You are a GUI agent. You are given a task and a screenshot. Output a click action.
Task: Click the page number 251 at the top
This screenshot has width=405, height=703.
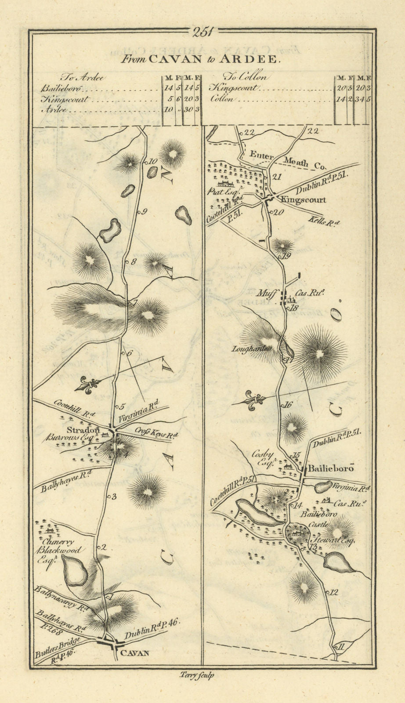coord(202,31)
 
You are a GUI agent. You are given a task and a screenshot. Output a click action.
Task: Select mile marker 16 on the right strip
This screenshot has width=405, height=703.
coord(288,405)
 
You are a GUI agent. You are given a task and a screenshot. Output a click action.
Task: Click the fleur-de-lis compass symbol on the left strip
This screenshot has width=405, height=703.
coord(88,385)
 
